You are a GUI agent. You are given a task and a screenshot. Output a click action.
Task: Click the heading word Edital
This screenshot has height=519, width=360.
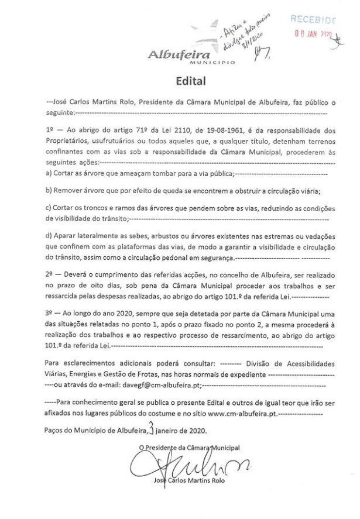(x=180, y=80)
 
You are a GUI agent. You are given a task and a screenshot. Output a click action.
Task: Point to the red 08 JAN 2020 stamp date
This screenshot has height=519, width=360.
(x=313, y=33)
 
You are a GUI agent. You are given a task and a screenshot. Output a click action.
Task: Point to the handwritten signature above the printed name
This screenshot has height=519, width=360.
(x=176, y=466)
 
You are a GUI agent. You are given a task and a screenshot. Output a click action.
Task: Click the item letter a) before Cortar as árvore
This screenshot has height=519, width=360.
(x=48, y=173)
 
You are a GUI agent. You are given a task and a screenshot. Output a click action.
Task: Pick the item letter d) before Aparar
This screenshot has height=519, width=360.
(x=48, y=236)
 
